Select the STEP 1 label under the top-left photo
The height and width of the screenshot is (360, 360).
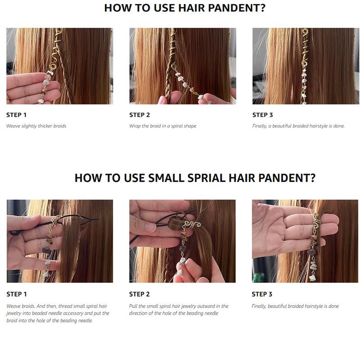17,115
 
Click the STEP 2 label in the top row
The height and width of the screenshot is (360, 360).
139,115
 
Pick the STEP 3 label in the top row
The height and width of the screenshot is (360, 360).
262,115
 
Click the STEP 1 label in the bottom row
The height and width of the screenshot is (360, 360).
17,294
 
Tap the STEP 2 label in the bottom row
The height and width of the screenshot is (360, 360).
139,294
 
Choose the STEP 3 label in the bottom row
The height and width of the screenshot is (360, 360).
262,294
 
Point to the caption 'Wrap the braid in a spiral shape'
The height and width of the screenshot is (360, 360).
162,126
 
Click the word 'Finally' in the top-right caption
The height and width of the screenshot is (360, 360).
260,126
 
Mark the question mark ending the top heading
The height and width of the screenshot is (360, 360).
262,8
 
